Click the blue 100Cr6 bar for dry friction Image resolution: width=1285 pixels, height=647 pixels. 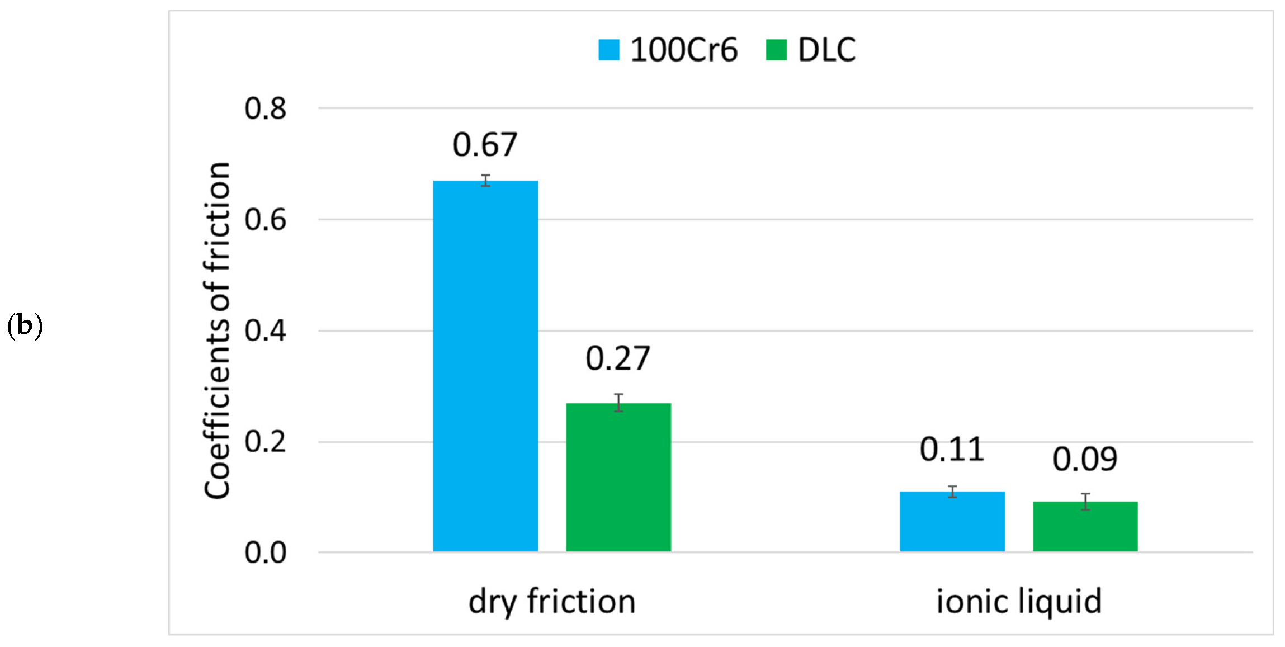coord(485,366)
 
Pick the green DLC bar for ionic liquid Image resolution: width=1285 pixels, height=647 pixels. coord(1085,527)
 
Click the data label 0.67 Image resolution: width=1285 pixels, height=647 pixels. coord(485,145)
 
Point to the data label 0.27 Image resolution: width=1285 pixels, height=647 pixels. coord(618,358)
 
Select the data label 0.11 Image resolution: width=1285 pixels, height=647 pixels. coord(952,450)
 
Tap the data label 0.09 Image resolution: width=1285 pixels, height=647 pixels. coord(1085,460)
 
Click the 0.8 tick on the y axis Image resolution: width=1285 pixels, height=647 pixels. coord(265,108)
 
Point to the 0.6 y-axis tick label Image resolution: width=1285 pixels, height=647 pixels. coord(265,220)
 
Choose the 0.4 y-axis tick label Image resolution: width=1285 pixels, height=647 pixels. coord(265,331)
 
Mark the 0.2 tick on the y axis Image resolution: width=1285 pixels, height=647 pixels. coord(265,442)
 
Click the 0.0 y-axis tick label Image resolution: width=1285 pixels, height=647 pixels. coord(265,553)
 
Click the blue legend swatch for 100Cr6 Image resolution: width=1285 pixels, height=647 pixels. coord(608,50)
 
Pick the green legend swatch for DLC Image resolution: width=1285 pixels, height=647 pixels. coord(776,50)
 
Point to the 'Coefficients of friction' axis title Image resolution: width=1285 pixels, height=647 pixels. coord(217,330)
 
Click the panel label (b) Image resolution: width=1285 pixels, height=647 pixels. coord(25,325)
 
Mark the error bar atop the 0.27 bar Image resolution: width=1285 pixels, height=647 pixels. coord(618,403)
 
